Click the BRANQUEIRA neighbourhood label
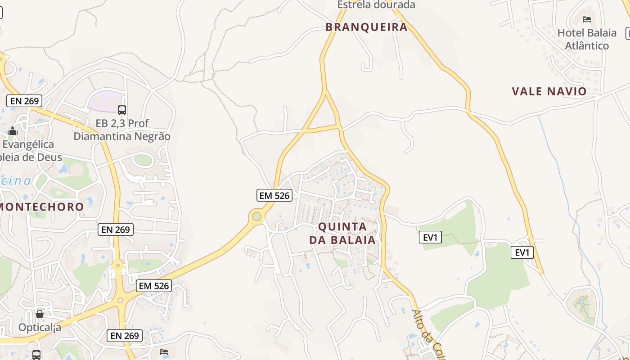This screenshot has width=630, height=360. pos(366,27)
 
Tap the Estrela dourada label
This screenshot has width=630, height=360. pos(376,5)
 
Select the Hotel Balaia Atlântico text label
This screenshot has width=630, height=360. pos(587,39)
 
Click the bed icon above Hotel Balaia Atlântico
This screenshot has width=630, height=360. pos(587,19)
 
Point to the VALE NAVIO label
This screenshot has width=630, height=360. pos(549,91)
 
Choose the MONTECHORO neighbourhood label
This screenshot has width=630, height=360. pos(42,207)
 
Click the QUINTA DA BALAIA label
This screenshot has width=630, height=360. pos(342,233)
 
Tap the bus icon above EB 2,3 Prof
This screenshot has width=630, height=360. pos(121,110)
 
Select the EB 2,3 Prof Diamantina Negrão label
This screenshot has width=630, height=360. pos(122,130)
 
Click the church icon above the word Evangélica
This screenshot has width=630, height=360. pos(13,131)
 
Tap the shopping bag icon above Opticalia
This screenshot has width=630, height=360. pos(40,314)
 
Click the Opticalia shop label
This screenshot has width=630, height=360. pos(40,327)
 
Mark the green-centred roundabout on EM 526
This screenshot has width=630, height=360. pos(257,217)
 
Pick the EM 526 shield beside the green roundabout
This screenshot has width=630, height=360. pos(274,195)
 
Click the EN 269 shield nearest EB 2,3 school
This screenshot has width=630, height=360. pos(25,101)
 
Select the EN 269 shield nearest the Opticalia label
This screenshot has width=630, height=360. pos(125,335)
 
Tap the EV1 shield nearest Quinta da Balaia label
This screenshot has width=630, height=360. pos(430,237)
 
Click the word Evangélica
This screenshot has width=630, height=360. pos(28,144)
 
